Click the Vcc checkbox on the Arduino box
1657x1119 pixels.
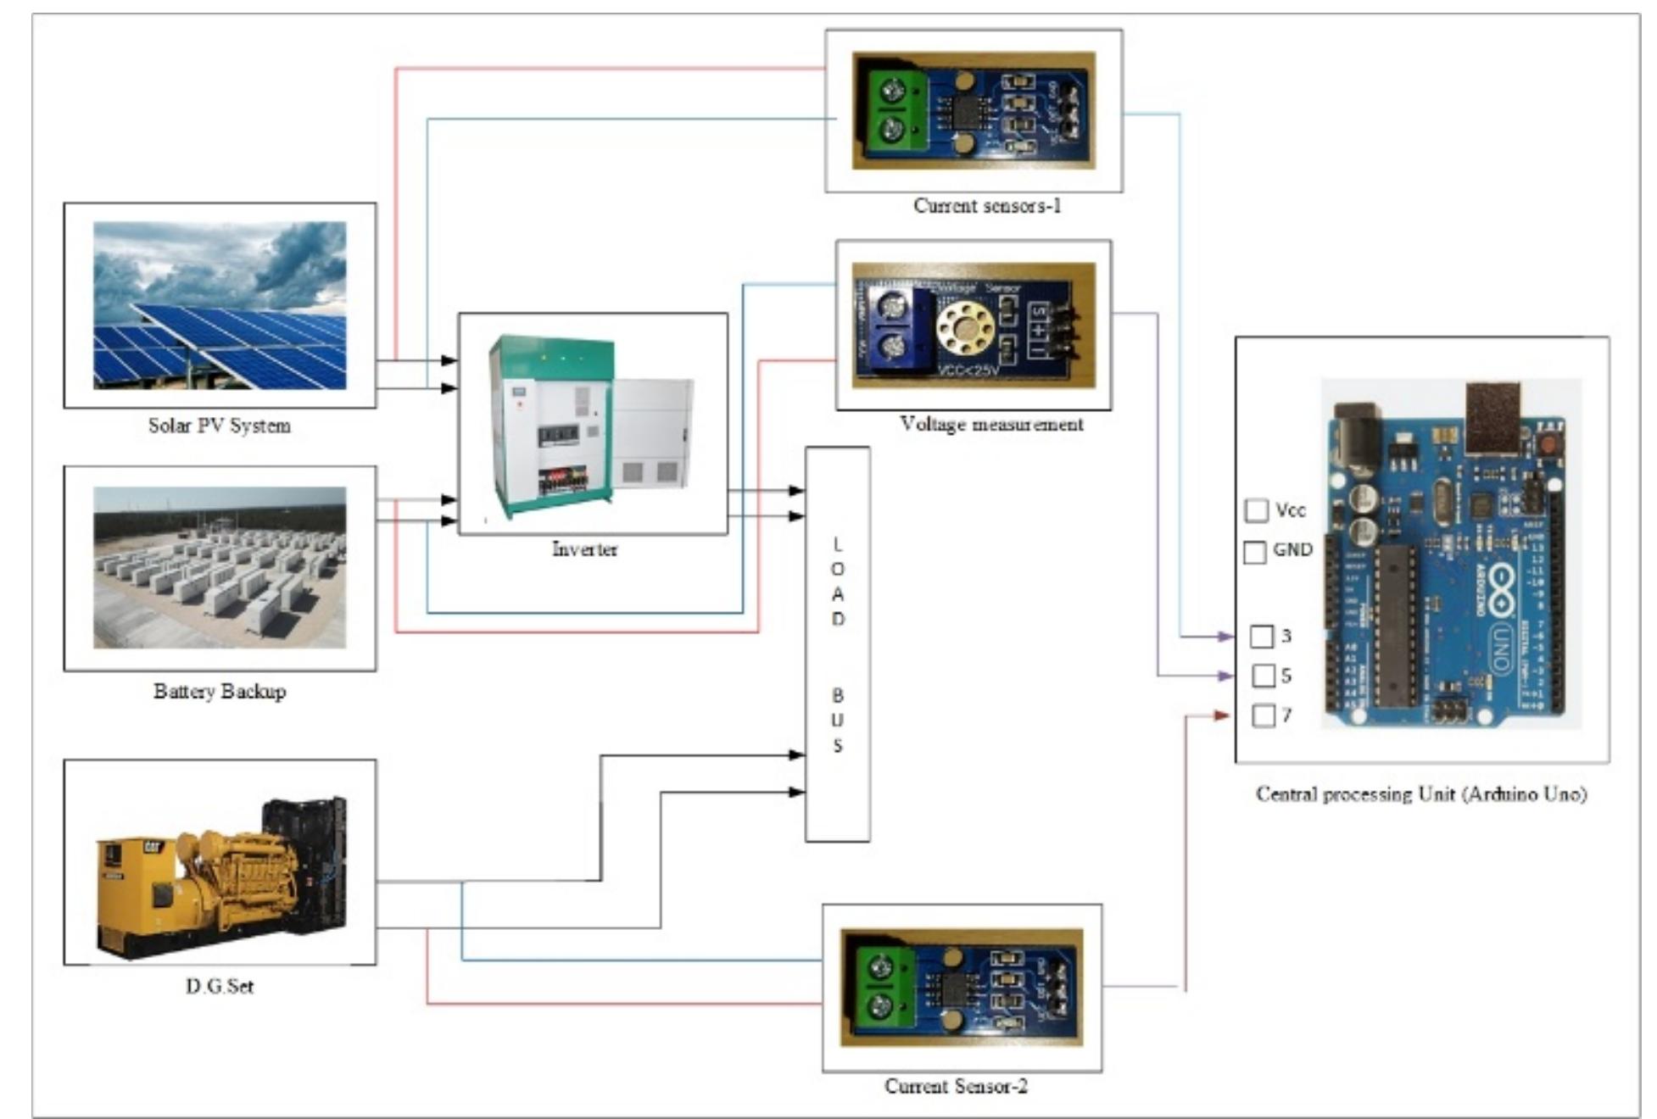tap(1255, 510)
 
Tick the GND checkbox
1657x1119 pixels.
tap(1254, 552)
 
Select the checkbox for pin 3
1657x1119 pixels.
tap(1261, 636)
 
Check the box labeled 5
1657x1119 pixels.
tap(1263, 676)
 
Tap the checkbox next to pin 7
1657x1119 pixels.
tap(1263, 715)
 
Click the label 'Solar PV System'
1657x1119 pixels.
tap(219, 426)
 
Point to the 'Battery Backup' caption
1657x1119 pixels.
tap(219, 691)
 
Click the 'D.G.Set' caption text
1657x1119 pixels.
tap(219, 986)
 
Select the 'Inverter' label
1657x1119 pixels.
tap(584, 549)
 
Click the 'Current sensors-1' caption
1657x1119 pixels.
tap(986, 206)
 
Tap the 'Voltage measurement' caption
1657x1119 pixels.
tap(990, 424)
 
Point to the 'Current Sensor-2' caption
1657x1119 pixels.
tap(955, 1086)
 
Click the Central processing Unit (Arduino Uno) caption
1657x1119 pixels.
tap(1420, 794)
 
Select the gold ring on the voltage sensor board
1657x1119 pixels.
tap(964, 328)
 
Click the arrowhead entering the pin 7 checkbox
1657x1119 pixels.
tap(1221, 715)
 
